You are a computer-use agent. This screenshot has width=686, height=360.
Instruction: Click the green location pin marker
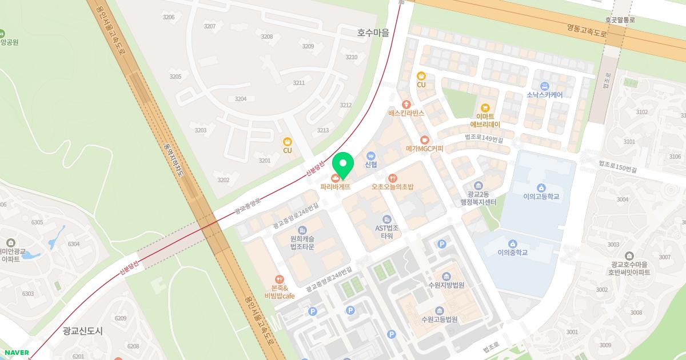click(342, 166)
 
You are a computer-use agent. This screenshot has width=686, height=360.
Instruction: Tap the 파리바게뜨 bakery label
click(335, 186)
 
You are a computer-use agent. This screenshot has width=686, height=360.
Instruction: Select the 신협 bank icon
click(370, 155)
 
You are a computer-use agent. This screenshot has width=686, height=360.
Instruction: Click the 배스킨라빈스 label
click(406, 113)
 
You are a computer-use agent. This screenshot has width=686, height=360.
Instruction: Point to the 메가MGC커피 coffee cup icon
click(424, 139)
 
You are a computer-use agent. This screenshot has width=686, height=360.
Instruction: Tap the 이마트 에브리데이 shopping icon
click(485, 107)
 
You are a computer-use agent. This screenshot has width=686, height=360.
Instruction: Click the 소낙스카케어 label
click(545, 95)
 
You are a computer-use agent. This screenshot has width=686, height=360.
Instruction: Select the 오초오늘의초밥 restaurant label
click(392, 186)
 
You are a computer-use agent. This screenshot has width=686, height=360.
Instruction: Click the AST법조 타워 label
click(387, 231)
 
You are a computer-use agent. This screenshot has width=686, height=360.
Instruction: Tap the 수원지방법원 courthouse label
click(446, 285)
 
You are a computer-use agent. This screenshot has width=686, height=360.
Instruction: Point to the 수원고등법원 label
click(439, 319)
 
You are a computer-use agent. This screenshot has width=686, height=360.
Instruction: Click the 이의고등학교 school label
click(541, 197)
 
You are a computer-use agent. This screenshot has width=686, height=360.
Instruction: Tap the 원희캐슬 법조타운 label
click(302, 243)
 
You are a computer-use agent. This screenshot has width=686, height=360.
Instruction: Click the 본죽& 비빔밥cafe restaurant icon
click(279, 279)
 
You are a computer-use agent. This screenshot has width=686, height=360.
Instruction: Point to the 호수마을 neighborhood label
click(373, 33)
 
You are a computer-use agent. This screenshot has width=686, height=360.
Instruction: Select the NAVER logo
click(15, 353)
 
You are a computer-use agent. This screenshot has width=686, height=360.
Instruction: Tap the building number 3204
click(241, 99)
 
